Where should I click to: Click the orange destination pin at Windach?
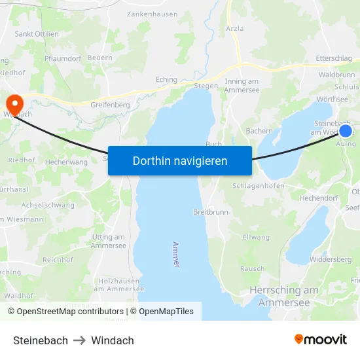tap(14, 104)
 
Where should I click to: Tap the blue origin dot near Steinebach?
tap(346, 131)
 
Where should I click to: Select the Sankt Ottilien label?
tap(37, 34)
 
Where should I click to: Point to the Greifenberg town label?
tap(110, 104)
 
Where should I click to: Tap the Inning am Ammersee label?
tap(242, 85)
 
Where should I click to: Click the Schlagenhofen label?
tap(258, 186)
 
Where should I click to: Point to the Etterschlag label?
tap(334, 58)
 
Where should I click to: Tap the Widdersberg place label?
tap(331, 259)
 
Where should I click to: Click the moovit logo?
tap(321, 339)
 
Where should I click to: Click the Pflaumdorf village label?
tap(62, 58)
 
